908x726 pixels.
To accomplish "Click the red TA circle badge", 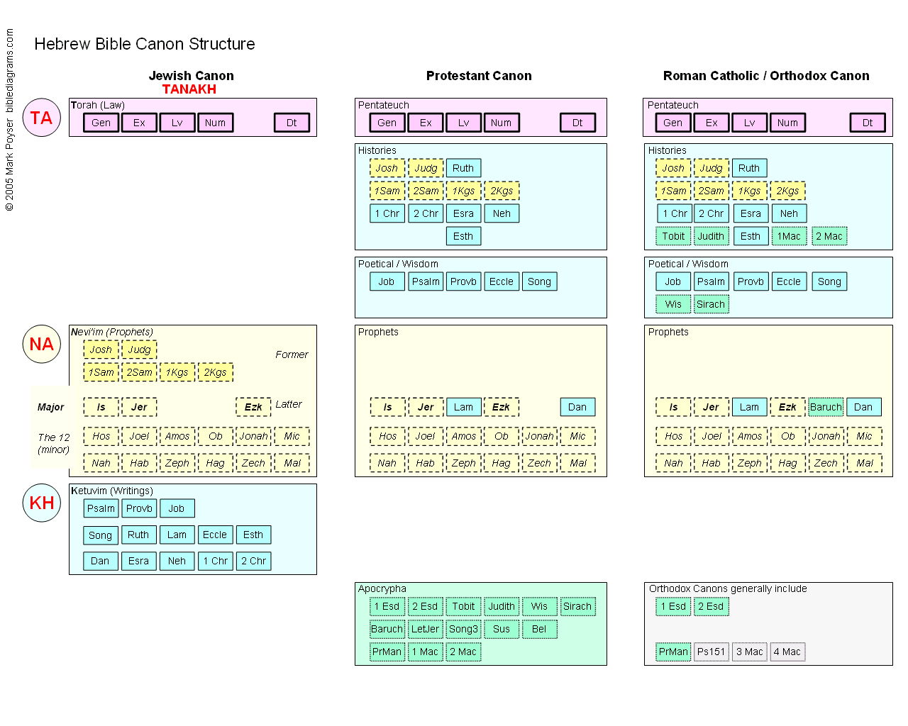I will pos(42,118).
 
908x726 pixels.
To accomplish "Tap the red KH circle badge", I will pos(42,503).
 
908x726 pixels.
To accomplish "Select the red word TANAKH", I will pos(189,89).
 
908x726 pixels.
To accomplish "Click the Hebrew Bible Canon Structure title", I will pos(145,44).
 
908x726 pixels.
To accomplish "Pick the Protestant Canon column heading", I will pos(479,76).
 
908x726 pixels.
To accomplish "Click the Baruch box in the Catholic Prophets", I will pos(826,407).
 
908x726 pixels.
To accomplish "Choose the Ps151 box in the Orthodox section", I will pos(711,652).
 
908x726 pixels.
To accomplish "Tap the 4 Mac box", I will pos(787,652).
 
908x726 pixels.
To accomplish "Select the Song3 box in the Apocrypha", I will pos(463,629).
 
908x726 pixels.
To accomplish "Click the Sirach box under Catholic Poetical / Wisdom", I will pos(711,304).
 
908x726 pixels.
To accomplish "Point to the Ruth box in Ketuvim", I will pos(138,535).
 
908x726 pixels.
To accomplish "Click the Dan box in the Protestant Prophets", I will pos(577,407).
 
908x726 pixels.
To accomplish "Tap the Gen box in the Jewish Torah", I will pos(101,123).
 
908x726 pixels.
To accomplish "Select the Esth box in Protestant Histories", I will pos(463,236).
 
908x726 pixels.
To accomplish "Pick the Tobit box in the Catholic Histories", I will pos(673,236).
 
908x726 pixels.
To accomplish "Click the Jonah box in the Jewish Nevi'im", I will pos(253,436).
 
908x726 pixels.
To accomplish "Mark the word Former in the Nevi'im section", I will pos(292,354).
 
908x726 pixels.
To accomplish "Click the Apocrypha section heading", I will pos(382,588).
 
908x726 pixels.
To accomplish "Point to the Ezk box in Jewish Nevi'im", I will pos(253,407).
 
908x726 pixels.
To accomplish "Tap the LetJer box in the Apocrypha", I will pos(426,629).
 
